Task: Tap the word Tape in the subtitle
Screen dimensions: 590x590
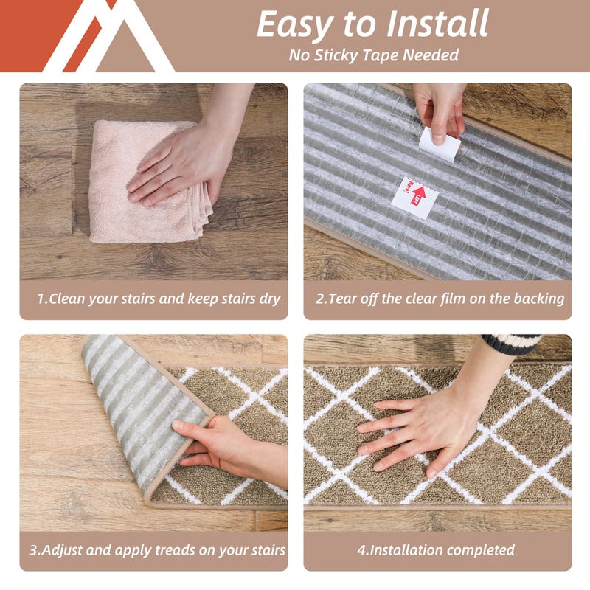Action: point(381,55)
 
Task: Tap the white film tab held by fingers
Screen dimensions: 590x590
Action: point(440,142)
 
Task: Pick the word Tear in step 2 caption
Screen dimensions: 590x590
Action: point(344,299)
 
